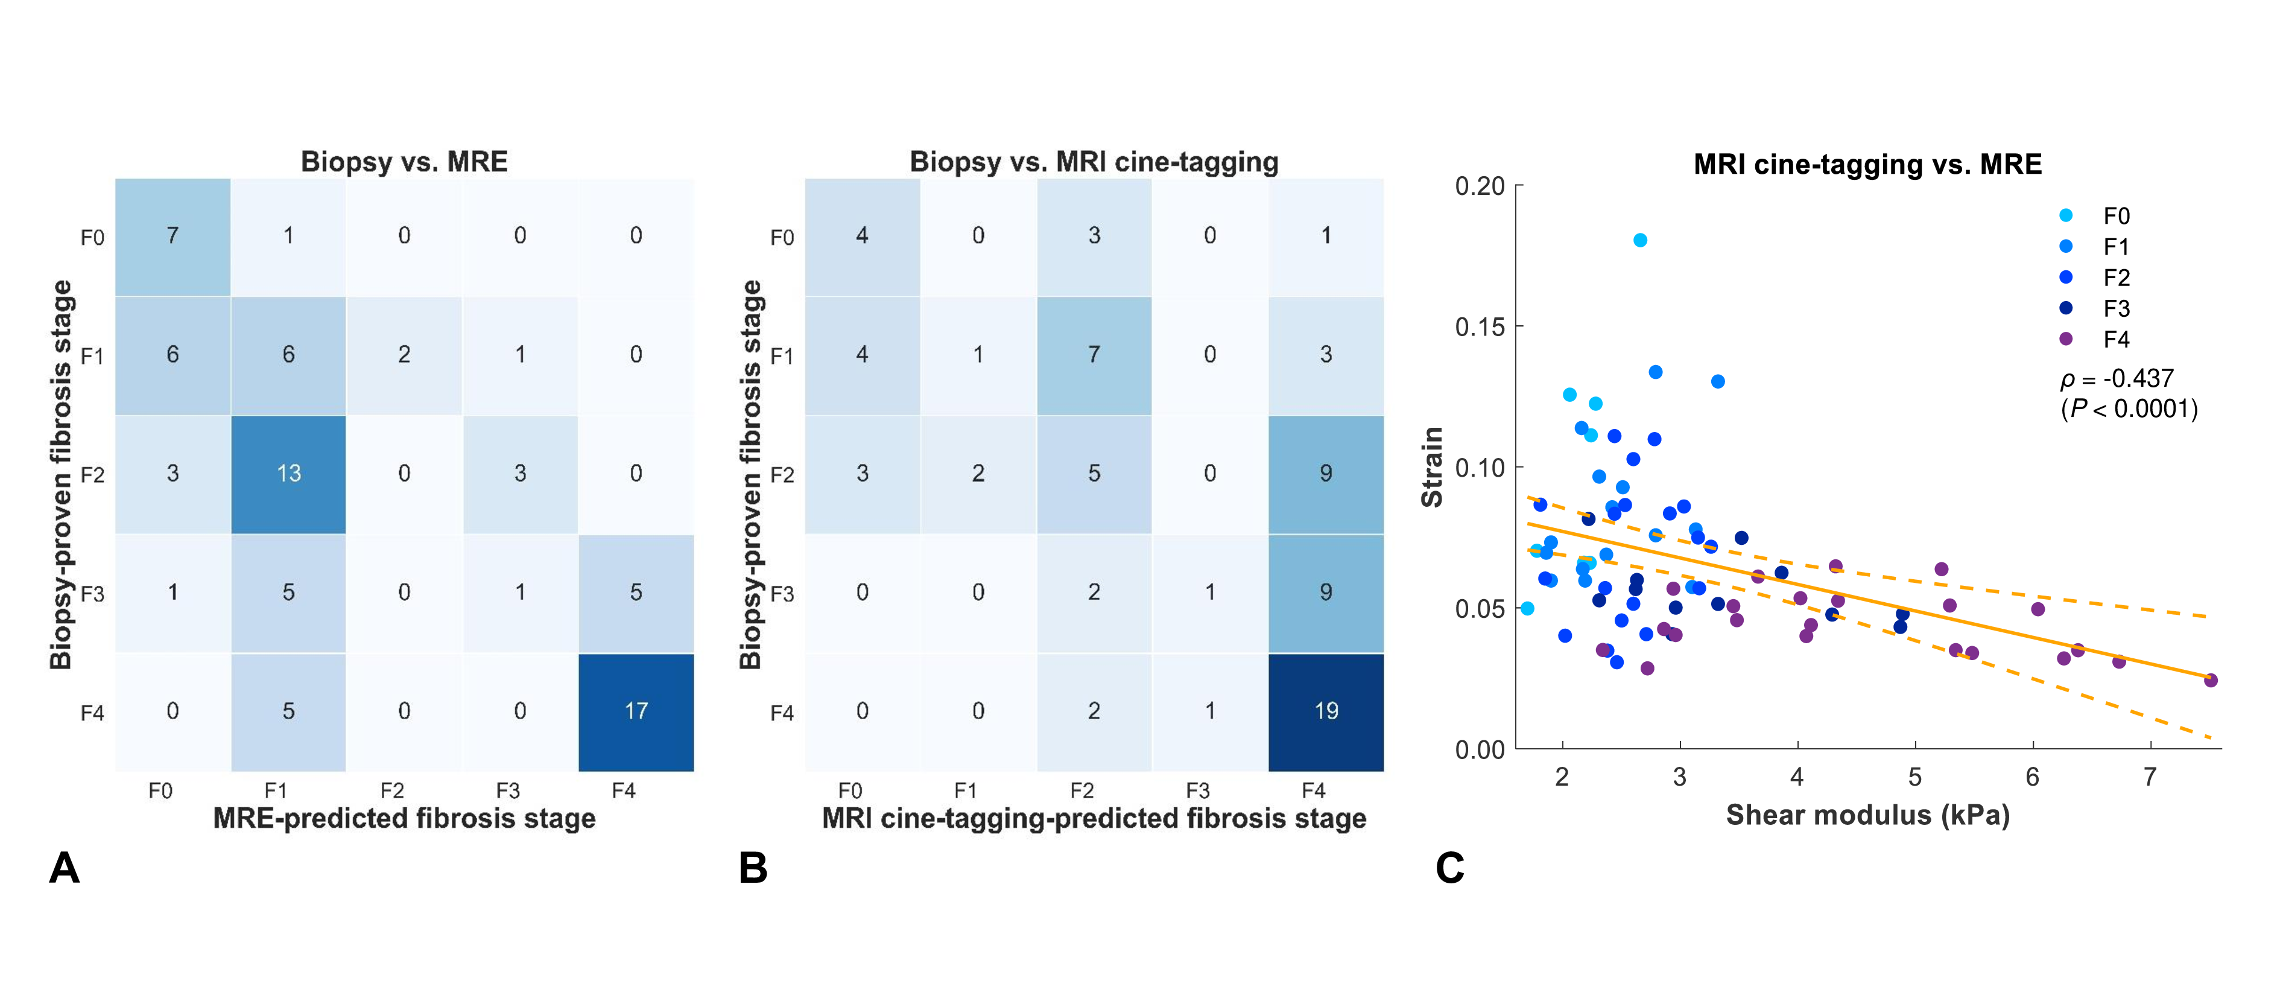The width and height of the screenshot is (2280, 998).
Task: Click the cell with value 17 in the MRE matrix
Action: pos(636,711)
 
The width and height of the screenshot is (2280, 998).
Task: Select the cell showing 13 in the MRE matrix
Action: pos(288,474)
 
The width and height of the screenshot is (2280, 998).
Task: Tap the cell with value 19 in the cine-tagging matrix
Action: pos(1325,711)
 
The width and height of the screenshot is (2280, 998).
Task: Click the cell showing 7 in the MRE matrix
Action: pos(173,235)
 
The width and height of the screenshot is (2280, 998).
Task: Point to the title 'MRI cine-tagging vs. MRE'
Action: pos(1867,164)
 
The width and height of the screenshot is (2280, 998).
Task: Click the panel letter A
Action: pos(64,868)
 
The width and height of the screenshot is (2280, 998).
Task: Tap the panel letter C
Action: pos(1449,868)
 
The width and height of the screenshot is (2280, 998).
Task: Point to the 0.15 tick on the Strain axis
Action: pos(1480,327)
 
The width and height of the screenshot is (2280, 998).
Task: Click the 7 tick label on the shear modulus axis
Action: pos(2150,778)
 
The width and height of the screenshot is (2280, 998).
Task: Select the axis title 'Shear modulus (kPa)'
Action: pos(1867,815)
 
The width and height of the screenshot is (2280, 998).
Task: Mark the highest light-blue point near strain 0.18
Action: pos(1640,240)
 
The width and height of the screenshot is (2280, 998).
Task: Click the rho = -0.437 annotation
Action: pos(2117,379)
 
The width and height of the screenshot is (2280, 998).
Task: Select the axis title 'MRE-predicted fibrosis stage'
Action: pos(405,818)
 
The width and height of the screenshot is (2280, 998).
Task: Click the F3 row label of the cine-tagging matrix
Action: pos(782,593)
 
